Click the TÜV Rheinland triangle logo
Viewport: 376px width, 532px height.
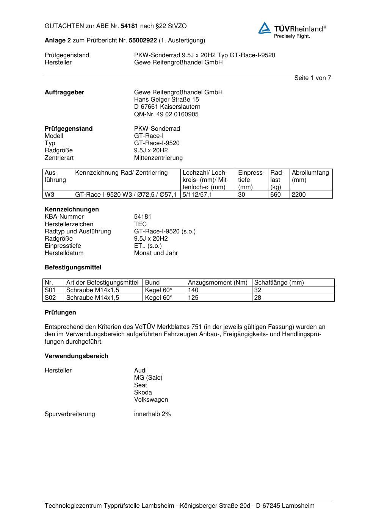pyautogui.click(x=265, y=28)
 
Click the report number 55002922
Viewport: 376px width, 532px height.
pyautogui.click(x=143, y=40)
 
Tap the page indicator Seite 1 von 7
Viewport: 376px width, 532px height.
pyautogui.click(x=312, y=78)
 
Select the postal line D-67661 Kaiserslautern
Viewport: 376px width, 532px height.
pyautogui.click(x=167, y=107)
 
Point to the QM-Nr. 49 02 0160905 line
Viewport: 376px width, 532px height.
pyautogui.click(x=166, y=114)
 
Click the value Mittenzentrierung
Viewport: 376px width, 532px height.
pyautogui.click(x=158, y=158)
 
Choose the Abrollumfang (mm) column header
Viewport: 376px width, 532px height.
pyautogui.click(x=310, y=176)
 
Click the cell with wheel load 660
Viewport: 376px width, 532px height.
pyautogui.click(x=276, y=195)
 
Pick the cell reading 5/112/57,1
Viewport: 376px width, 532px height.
pyautogui.click(x=197, y=195)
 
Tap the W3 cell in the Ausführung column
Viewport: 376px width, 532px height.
pyautogui.click(x=50, y=195)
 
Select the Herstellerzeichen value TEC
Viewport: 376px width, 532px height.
pyautogui.click(x=140, y=224)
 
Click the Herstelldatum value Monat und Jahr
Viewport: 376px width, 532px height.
pyautogui.click(x=156, y=253)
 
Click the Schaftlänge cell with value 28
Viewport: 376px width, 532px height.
pyautogui.click(x=258, y=298)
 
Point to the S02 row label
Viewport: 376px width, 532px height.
pyautogui.click(x=50, y=298)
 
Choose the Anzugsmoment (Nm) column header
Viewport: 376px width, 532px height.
pyautogui.click(x=218, y=283)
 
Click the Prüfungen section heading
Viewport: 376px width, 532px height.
pyautogui.click(x=60, y=313)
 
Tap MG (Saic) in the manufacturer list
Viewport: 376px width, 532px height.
pyautogui.click(x=148, y=378)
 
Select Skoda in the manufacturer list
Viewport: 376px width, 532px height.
pyautogui.click(x=143, y=392)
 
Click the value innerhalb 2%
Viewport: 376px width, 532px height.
pyautogui.click(x=152, y=414)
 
